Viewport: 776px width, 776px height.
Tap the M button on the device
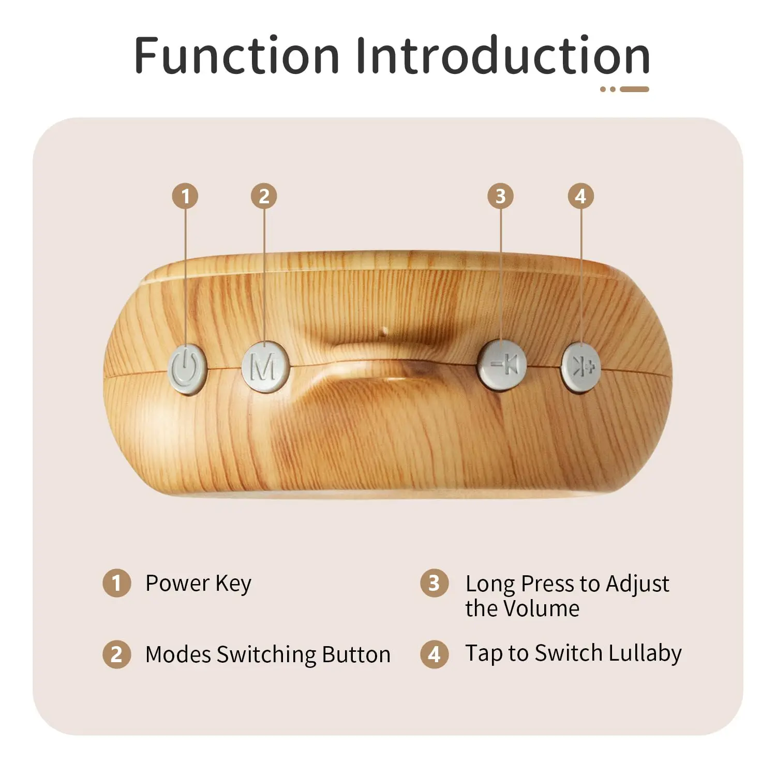coord(264,367)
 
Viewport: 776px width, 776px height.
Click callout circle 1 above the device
coord(185,196)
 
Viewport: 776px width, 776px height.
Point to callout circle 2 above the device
coord(264,196)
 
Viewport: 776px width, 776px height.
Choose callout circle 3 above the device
coord(500,196)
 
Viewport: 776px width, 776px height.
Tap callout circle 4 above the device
coord(580,196)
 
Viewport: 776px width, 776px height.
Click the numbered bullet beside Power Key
coord(116,583)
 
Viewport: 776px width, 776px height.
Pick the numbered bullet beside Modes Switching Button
coord(116,654)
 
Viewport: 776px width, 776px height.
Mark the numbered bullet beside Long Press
coord(434,584)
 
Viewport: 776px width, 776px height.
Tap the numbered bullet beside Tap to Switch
coord(434,654)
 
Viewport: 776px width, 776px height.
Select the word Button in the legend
coord(355,654)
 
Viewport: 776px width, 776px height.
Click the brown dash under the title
coord(634,89)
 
